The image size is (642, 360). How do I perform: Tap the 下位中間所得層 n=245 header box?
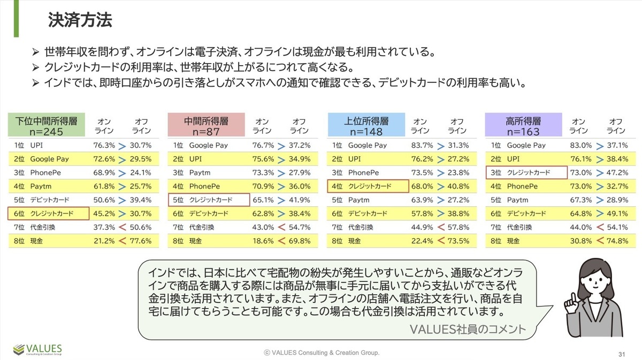(46, 126)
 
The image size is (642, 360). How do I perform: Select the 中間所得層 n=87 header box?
(206, 126)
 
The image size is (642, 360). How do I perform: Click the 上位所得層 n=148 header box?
(366, 126)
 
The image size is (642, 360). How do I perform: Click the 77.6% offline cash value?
(141, 241)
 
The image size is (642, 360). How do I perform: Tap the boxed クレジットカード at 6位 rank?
(48, 213)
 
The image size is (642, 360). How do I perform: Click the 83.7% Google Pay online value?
(422, 145)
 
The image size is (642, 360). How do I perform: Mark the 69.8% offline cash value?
(300, 241)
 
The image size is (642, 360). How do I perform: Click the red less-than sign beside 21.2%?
(123, 241)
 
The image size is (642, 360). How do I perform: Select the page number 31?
(622, 354)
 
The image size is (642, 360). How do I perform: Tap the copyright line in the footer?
(321, 353)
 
